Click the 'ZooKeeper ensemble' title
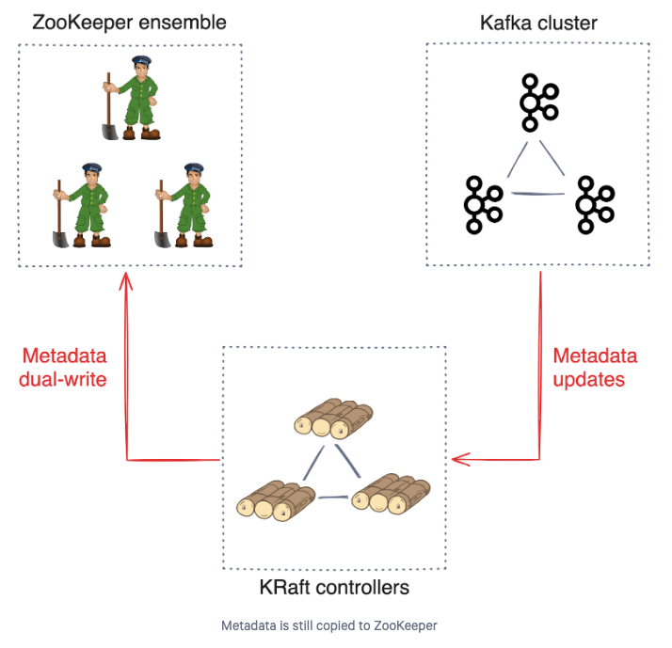(129, 23)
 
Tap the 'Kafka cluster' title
(538, 23)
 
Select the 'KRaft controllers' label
(334, 587)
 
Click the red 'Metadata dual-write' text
(63, 368)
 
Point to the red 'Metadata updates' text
(595, 368)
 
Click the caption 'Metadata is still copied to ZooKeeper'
(329, 625)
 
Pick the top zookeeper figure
(131, 98)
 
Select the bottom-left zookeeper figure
(82, 205)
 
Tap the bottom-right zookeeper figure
(184, 205)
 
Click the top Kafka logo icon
(539, 103)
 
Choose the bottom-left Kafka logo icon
(483, 205)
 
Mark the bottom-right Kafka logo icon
(595, 205)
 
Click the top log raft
(333, 418)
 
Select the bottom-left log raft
(276, 500)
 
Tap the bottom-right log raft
(391, 494)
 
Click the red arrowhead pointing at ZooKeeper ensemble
(125, 281)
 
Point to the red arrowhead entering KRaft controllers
(461, 459)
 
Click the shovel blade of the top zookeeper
(110, 132)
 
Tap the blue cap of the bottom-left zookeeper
(91, 167)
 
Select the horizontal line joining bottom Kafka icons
(537, 194)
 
